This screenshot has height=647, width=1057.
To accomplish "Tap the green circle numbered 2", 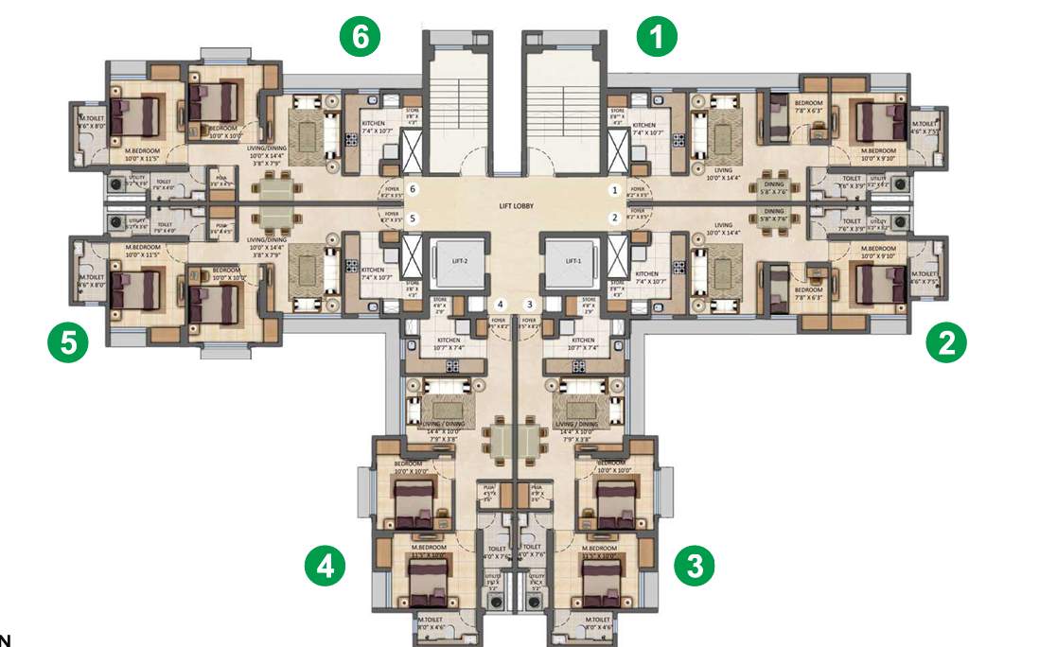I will [945, 342].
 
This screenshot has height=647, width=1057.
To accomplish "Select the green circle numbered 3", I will [695, 566].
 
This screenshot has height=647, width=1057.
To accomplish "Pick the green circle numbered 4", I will [325, 566].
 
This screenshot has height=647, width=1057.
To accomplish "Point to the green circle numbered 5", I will [68, 342].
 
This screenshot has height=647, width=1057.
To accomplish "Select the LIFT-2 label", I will [460, 261].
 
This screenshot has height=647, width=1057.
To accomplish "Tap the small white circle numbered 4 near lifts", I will [501, 304].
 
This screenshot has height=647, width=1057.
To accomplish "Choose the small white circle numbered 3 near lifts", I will [530, 304].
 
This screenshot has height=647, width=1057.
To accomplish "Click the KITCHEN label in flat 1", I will [644, 126].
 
